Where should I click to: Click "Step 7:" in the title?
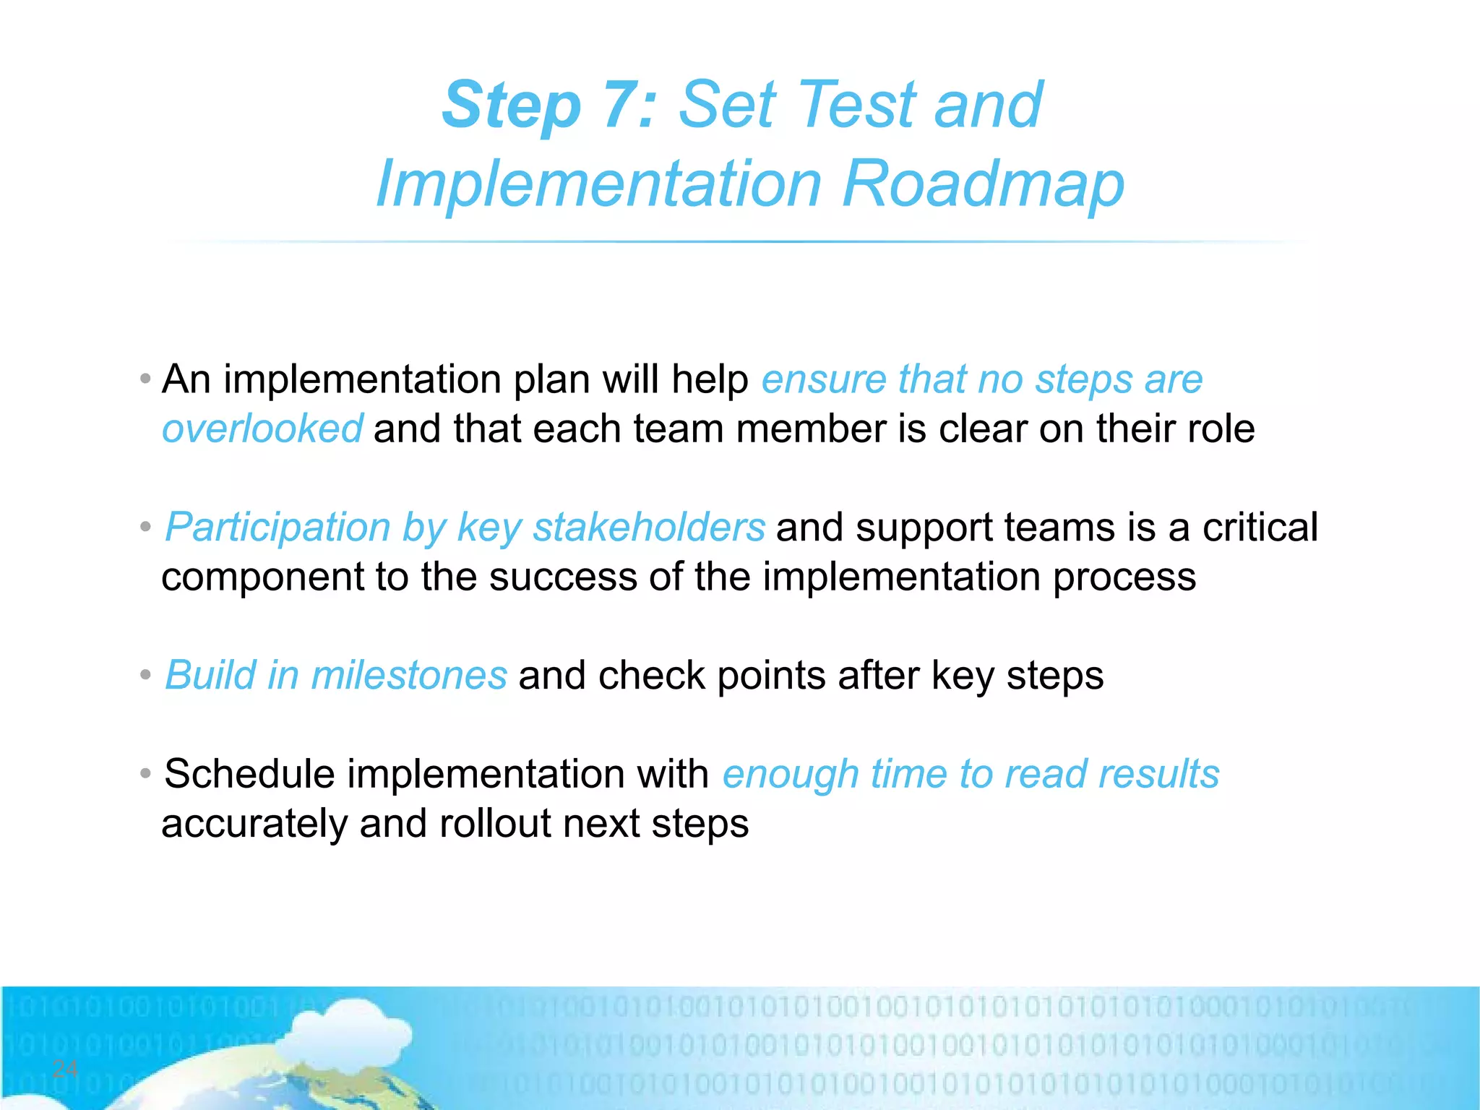coord(549,106)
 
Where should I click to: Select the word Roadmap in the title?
coord(983,184)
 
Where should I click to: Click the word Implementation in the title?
coord(598,184)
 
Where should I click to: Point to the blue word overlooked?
coord(262,429)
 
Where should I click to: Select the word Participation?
coord(277,528)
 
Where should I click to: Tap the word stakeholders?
coord(648,528)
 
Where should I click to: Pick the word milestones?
coord(409,676)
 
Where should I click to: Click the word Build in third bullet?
coord(210,676)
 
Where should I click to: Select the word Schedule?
coord(249,774)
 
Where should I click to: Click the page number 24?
coord(65,1068)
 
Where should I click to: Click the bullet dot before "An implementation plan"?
coord(146,379)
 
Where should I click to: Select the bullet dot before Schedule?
coord(146,774)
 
